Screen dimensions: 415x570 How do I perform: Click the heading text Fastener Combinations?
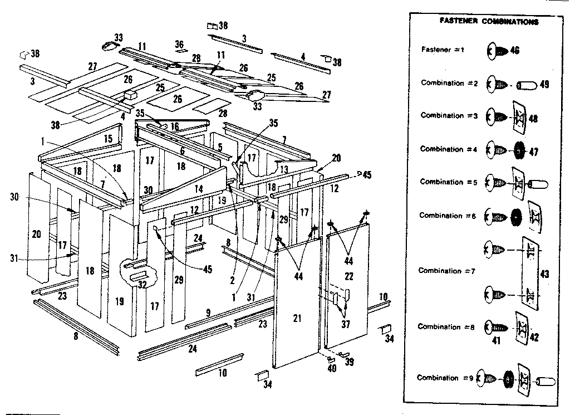(x=489, y=22)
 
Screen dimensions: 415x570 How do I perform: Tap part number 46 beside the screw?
(x=514, y=51)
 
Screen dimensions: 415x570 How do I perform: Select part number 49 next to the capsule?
(x=544, y=85)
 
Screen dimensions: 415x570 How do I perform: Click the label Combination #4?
(x=445, y=149)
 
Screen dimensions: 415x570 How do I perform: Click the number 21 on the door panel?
(x=297, y=318)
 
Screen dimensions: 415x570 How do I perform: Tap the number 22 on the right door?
(x=349, y=277)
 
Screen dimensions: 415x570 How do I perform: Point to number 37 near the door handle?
(x=346, y=325)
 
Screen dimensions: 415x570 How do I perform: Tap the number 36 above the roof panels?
(x=179, y=43)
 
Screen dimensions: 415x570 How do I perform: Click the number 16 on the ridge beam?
(x=174, y=127)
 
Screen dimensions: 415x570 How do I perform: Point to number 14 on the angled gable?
(x=199, y=189)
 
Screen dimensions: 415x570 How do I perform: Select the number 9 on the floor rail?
(x=208, y=313)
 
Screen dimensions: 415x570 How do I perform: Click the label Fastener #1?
(x=443, y=50)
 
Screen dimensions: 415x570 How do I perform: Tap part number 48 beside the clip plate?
(x=533, y=118)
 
